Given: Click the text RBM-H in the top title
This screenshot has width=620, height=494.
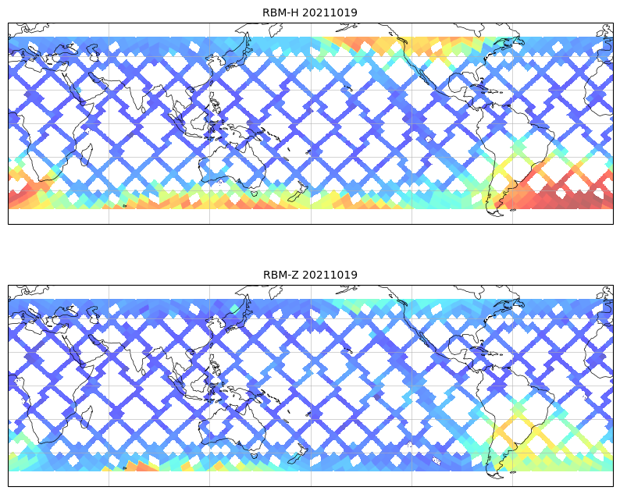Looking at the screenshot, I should tap(280, 12).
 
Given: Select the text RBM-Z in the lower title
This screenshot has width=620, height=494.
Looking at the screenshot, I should tap(280, 275).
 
